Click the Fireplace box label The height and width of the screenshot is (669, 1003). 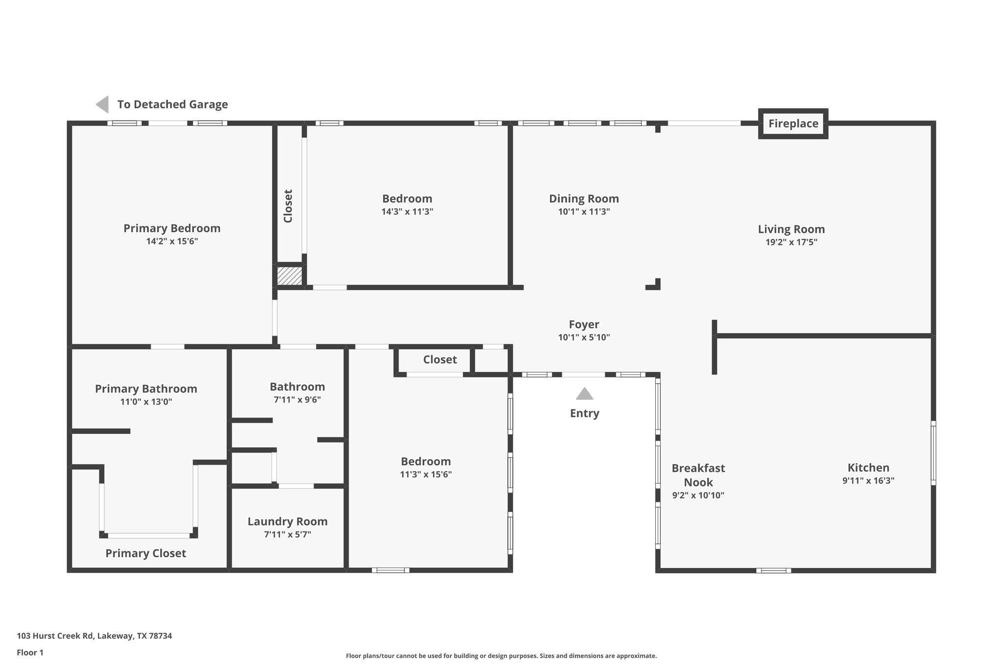pos(793,124)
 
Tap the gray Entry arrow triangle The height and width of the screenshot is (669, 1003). pos(584,394)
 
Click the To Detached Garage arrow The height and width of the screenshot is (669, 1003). pos(102,104)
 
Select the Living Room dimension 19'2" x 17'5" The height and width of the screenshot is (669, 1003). pos(791,242)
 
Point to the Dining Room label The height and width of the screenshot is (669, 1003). pos(584,198)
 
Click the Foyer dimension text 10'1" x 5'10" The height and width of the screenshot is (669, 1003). pos(584,337)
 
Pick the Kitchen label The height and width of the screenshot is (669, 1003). pos(868,468)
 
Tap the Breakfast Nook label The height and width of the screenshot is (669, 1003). pos(698,475)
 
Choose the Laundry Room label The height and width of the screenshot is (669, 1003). pos(287,521)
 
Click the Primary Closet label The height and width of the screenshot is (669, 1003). pos(145,553)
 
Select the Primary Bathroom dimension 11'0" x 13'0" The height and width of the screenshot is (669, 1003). pos(146,402)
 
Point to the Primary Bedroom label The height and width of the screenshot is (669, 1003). pos(172,228)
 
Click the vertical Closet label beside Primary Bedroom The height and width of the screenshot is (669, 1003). pos(288,206)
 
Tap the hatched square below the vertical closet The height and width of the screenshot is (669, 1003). pos(289,275)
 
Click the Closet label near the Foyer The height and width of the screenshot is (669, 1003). pos(440,360)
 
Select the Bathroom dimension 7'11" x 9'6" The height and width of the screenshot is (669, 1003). pos(297,399)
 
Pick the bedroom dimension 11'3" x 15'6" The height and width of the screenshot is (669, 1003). pos(426,474)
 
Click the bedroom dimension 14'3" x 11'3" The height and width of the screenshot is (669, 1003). pos(407,212)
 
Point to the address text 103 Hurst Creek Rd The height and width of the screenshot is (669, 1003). pos(95,636)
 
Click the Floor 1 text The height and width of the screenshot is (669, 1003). pos(30,652)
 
